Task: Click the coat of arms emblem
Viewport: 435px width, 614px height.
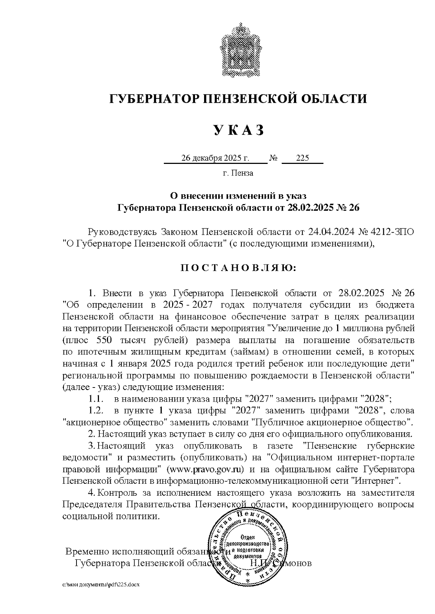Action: pyautogui.click(x=238, y=48)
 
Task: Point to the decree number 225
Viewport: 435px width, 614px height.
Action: pyautogui.click(x=302, y=158)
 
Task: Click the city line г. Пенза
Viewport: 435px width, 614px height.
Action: pyautogui.click(x=238, y=173)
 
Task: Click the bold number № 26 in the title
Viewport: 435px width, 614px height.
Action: pyautogui.click(x=348, y=208)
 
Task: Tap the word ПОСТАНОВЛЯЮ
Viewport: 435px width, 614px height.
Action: pyautogui.click(x=238, y=268)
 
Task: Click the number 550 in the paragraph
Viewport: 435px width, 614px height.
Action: pyautogui.click(x=105, y=340)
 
